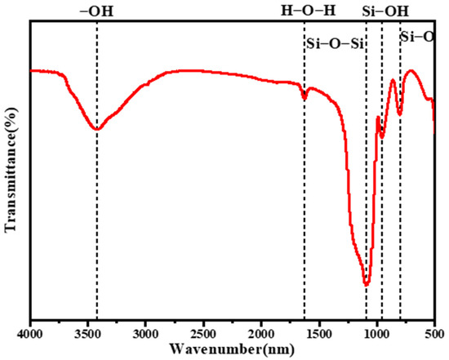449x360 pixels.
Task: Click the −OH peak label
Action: pos(97,11)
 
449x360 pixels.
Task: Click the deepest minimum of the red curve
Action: pos(367,284)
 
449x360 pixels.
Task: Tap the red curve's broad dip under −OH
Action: pos(97,129)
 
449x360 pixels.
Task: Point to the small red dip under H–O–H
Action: pos(305,97)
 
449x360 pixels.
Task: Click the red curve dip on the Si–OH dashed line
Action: pos(381,134)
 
